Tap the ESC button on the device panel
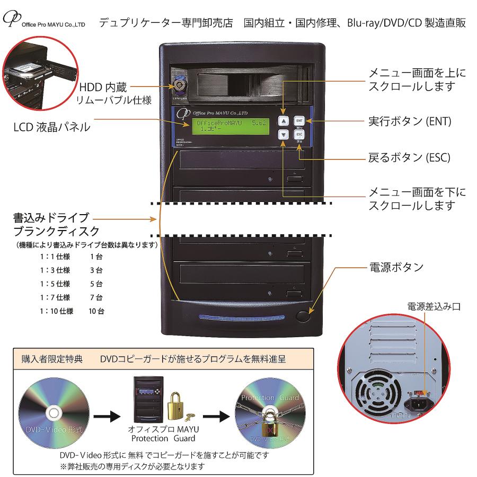[299, 135]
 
